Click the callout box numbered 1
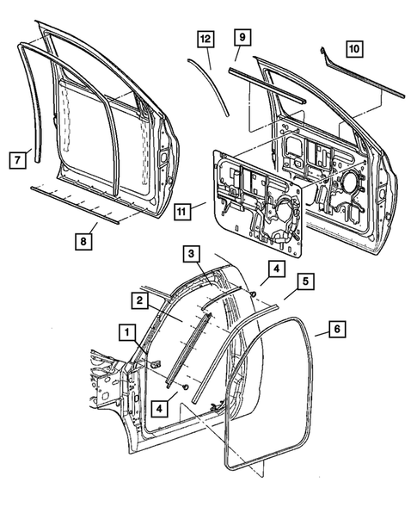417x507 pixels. click(126, 331)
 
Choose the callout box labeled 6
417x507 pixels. click(337, 328)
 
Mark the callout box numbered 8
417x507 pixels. click(83, 242)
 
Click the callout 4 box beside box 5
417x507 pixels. click(273, 269)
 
